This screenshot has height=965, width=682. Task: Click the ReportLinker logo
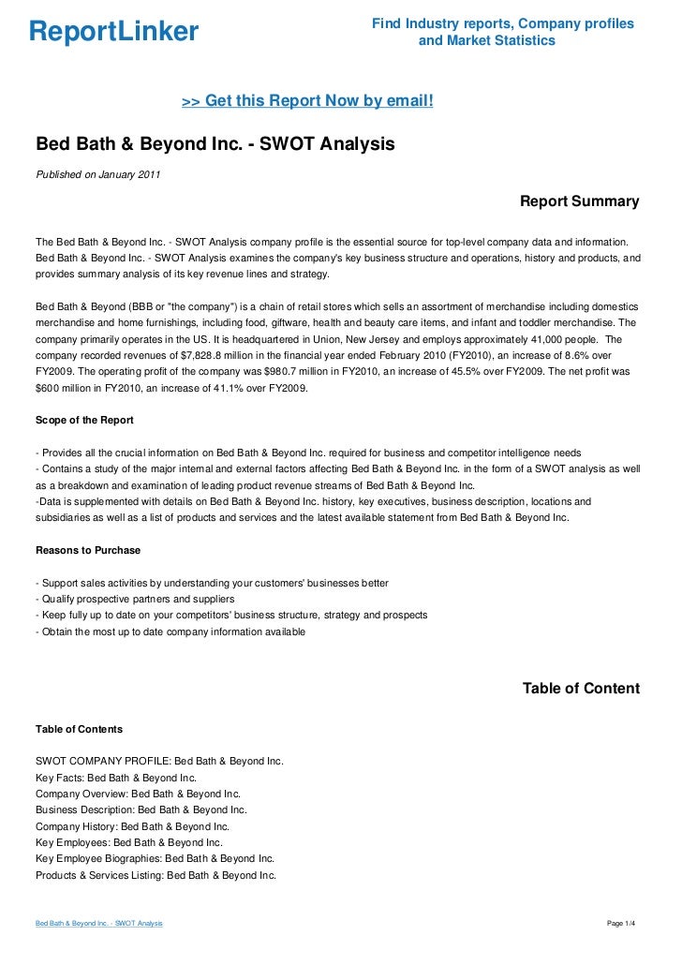coord(113,33)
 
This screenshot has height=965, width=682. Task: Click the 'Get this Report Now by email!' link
coord(307,99)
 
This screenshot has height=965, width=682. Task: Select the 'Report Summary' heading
coord(579,201)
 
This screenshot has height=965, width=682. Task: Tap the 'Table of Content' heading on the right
coord(581,689)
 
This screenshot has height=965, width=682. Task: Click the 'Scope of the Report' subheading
coord(84,420)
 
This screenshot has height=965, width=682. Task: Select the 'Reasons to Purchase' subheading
coord(88,550)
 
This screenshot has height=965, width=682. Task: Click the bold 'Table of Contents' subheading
coord(79,728)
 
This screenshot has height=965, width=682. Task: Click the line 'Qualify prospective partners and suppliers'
coord(137,599)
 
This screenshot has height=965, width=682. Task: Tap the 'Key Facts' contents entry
coord(116,777)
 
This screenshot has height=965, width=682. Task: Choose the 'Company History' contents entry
coord(132,826)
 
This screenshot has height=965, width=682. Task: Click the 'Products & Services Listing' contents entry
coord(156,875)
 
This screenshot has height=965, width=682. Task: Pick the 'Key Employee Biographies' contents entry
coord(155,858)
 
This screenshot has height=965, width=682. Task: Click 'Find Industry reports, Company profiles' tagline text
coord(502,23)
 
